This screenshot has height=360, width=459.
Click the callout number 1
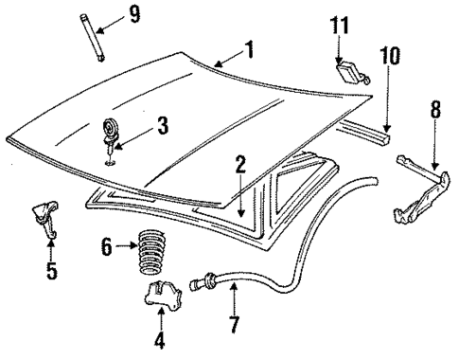(x=250, y=50)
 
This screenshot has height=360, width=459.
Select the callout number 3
(x=162, y=123)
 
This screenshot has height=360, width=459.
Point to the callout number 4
(x=158, y=339)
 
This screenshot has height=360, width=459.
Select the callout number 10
(x=389, y=56)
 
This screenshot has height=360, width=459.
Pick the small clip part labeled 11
(x=350, y=72)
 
